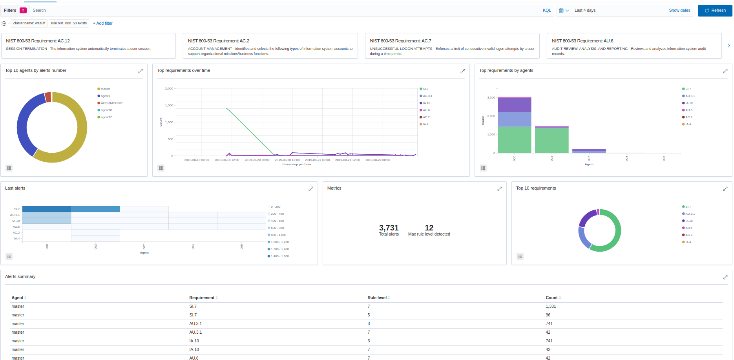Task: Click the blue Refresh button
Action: (x=715, y=11)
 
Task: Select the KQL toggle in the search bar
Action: (x=547, y=11)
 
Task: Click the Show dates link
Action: (x=679, y=11)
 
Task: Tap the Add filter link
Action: (x=103, y=24)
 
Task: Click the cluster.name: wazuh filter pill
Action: (x=29, y=24)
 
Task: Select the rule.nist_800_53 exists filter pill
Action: (x=69, y=24)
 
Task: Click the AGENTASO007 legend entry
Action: (x=111, y=103)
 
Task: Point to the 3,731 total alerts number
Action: (x=389, y=228)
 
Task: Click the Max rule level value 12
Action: (x=429, y=228)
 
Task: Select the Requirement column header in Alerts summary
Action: (x=202, y=298)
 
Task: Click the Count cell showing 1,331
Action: (x=551, y=307)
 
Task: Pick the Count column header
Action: (x=551, y=298)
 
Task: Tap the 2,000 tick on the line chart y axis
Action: (x=169, y=89)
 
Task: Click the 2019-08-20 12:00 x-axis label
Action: (x=287, y=160)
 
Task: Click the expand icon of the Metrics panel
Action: (x=500, y=189)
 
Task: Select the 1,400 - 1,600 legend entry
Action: (x=279, y=256)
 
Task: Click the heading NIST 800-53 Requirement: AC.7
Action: (x=400, y=41)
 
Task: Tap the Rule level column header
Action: (x=377, y=298)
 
